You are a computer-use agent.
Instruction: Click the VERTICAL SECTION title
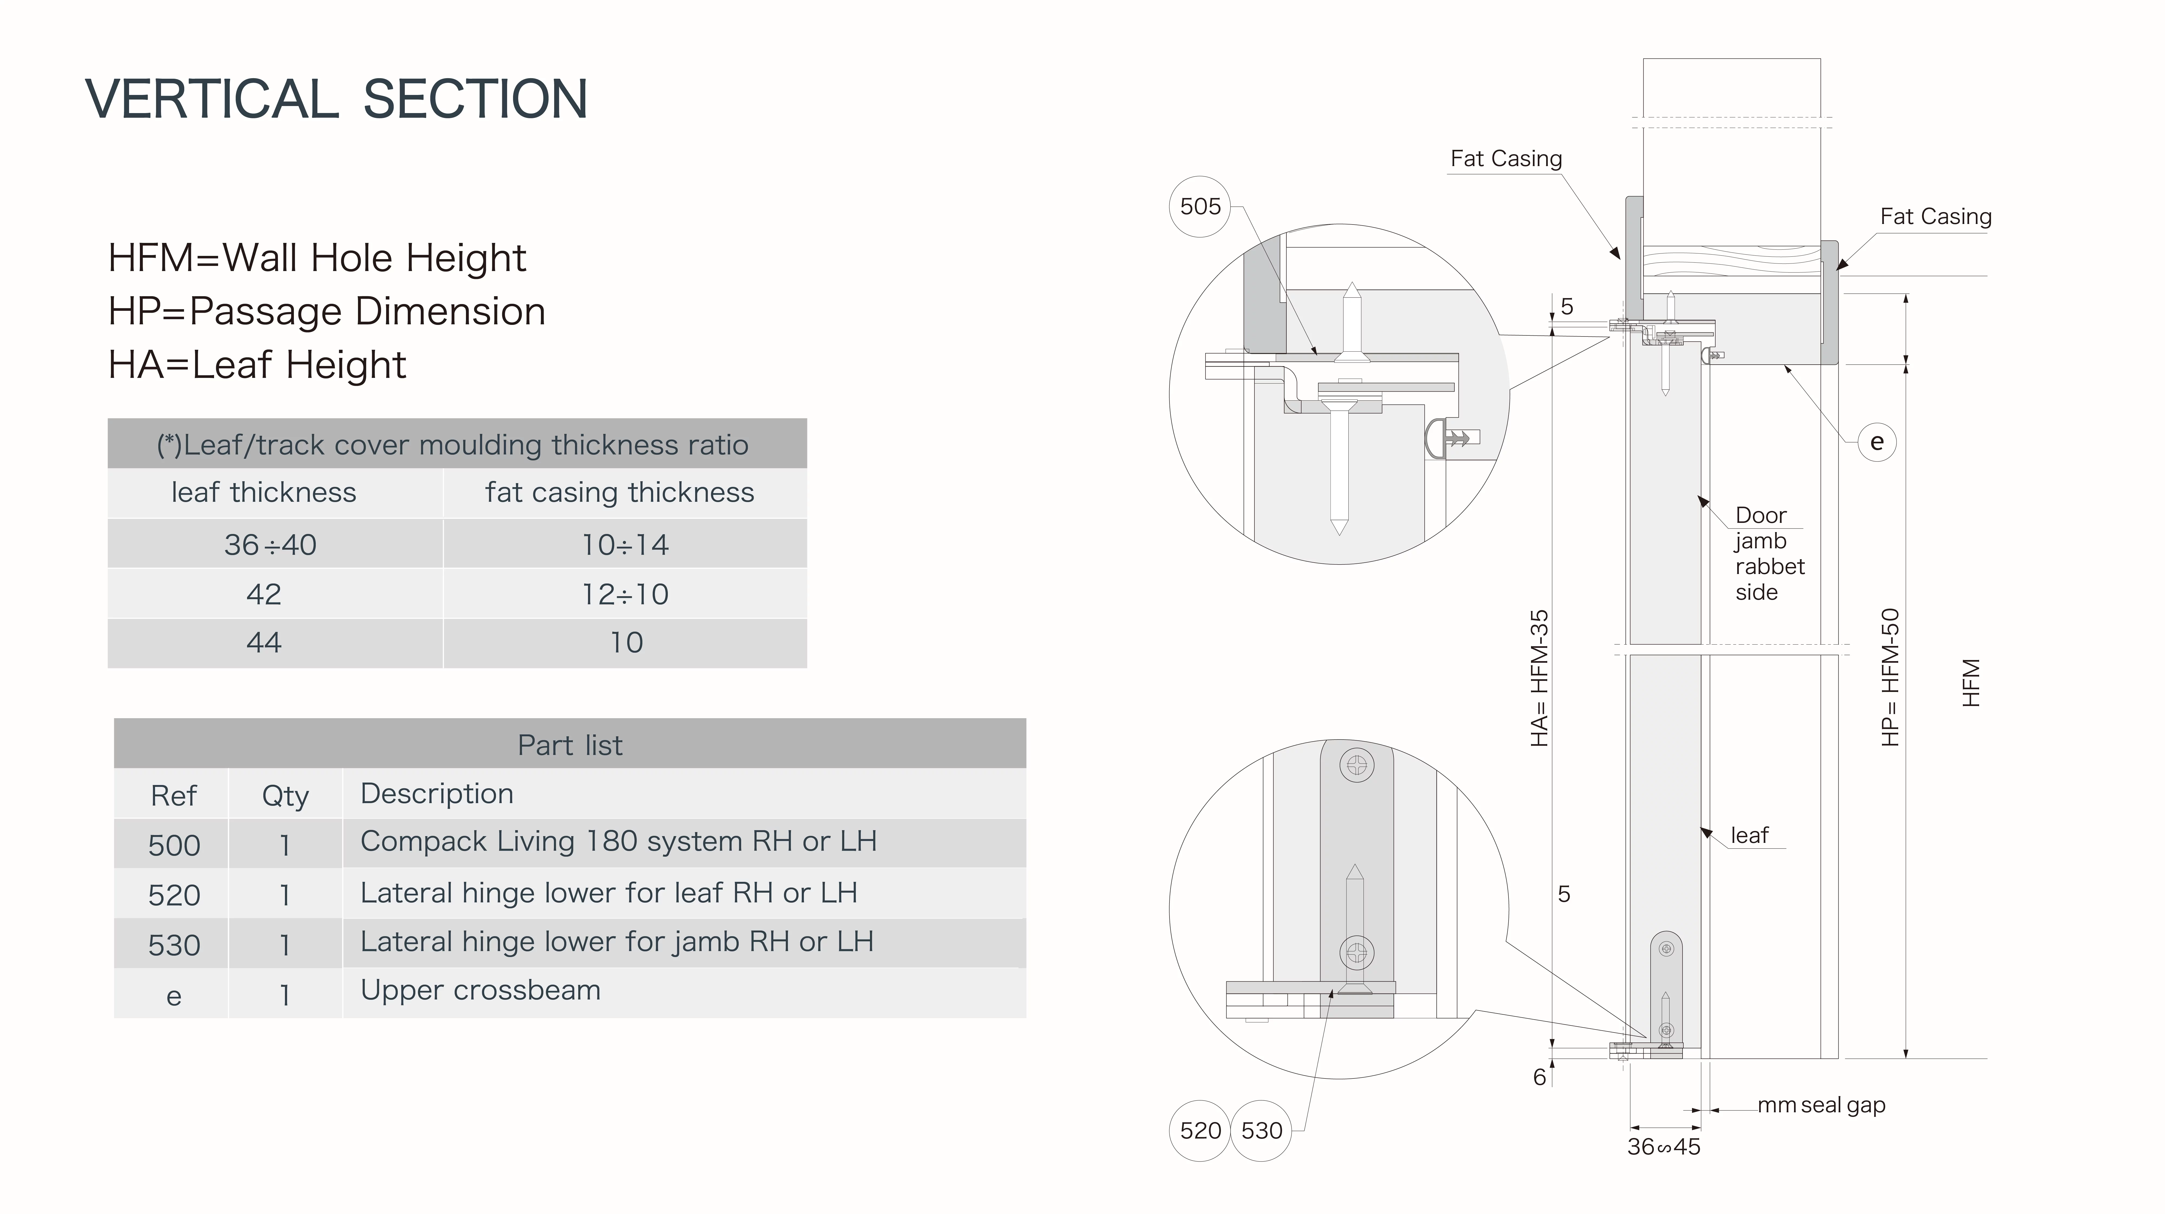point(336,99)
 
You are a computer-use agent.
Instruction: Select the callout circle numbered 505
point(1200,207)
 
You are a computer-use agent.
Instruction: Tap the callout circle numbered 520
point(1200,1131)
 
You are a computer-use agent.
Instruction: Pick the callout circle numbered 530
point(1261,1131)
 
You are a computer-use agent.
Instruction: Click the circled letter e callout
point(1877,442)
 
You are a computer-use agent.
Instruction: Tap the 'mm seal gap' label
point(1821,1106)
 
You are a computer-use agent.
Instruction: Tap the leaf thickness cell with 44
point(264,643)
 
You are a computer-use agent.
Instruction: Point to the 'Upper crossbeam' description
point(481,991)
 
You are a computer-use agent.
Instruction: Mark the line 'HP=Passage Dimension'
point(327,312)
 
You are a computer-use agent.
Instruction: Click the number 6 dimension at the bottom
point(1540,1077)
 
